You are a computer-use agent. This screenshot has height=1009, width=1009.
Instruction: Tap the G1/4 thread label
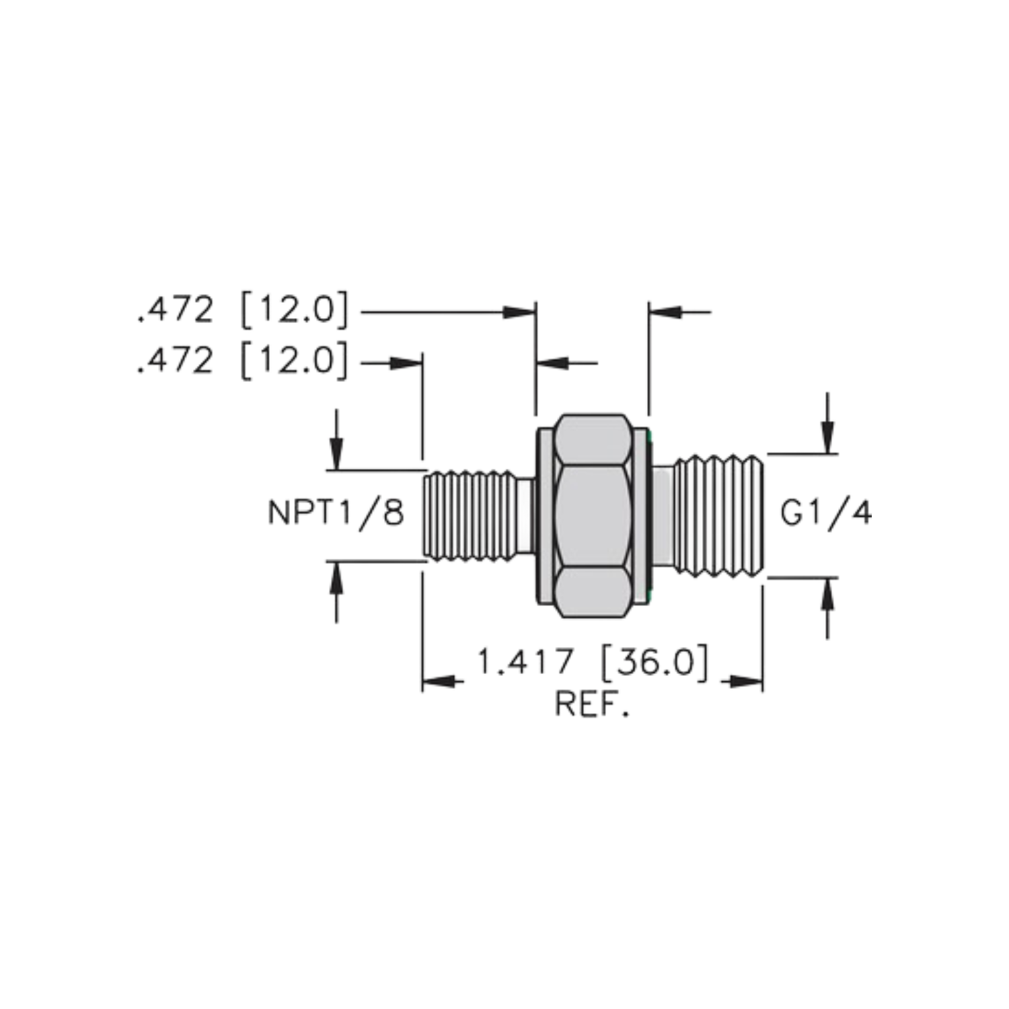click(x=826, y=514)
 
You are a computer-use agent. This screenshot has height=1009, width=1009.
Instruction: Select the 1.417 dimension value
click(x=525, y=663)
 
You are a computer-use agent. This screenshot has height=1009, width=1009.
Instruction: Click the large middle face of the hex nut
click(x=593, y=515)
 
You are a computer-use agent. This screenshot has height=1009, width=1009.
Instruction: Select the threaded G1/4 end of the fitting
click(x=718, y=516)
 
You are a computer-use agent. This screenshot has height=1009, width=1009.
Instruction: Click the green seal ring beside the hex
click(x=650, y=515)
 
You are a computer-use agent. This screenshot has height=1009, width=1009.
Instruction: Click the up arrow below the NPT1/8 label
click(x=336, y=593)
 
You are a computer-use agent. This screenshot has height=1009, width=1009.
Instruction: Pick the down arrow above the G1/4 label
click(x=827, y=423)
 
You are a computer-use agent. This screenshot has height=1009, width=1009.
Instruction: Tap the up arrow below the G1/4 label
click(x=827, y=608)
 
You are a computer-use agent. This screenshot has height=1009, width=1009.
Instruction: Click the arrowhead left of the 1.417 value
click(x=443, y=681)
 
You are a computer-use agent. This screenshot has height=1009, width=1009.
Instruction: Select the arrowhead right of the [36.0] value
click(x=743, y=681)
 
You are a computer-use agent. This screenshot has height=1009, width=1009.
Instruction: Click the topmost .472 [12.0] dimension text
click(x=243, y=311)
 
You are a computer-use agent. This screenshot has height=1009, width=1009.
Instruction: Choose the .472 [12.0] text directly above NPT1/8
click(x=243, y=362)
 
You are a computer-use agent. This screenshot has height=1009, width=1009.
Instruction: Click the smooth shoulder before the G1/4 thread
click(x=663, y=515)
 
